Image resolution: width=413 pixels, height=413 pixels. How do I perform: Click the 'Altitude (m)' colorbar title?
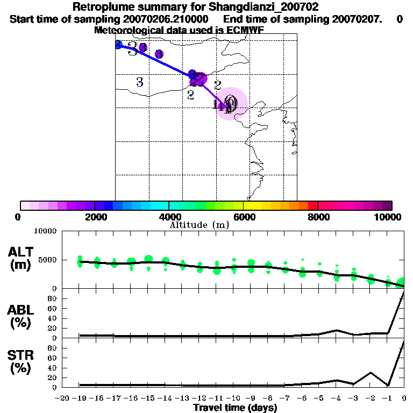pos(200,225)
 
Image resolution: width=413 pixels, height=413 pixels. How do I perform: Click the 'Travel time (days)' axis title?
pos(235,408)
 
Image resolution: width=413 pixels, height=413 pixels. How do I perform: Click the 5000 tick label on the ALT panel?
pos(46,260)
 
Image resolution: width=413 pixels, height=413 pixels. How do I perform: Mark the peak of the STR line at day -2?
pos(371,372)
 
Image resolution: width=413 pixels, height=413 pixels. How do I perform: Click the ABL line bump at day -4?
pos(336,330)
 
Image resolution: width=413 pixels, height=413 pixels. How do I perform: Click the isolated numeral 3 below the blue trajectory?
pos(140,82)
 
